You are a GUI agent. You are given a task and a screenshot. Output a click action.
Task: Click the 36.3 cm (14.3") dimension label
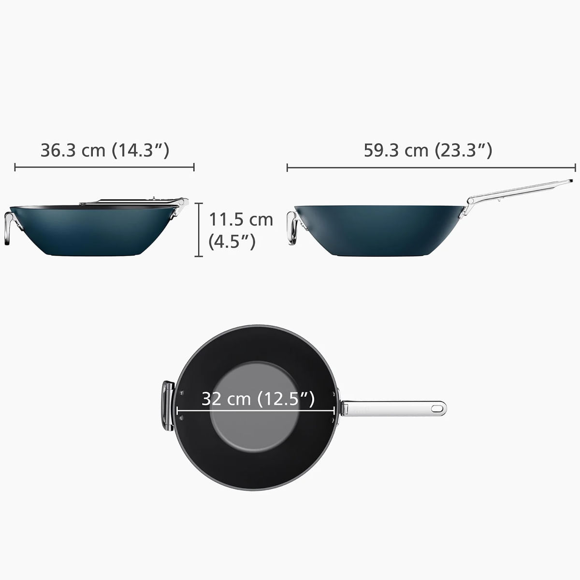click(x=104, y=150)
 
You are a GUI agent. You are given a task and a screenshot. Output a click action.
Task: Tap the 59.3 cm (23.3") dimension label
click(x=428, y=150)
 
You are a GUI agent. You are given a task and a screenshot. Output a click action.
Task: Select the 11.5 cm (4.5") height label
click(x=240, y=230)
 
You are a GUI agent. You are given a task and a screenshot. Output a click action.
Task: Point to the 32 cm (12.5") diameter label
click(x=258, y=399)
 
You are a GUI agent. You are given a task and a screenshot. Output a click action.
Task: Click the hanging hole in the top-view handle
click(x=437, y=408)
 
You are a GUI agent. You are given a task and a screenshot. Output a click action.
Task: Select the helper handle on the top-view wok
click(x=168, y=406)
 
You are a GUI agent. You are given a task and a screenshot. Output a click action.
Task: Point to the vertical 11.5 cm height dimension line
click(x=198, y=230)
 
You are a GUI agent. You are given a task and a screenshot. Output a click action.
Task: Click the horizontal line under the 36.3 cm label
click(x=104, y=167)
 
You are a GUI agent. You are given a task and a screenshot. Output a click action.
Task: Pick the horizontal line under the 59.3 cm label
click(x=431, y=168)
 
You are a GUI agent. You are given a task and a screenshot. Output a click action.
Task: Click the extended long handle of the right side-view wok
click(x=517, y=190)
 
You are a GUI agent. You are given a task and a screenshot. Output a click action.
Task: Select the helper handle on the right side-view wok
click(x=291, y=228)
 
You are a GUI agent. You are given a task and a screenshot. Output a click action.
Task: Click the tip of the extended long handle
click(x=570, y=182)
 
